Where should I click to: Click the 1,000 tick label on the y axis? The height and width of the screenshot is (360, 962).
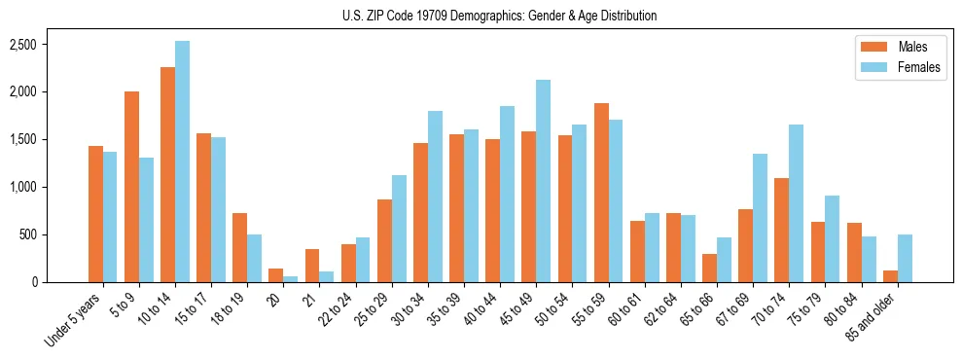[22, 187]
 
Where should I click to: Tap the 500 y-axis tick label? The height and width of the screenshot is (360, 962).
[27, 234]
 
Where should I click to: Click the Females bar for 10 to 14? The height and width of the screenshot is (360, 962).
[182, 162]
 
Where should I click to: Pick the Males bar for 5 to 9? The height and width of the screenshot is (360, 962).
[131, 187]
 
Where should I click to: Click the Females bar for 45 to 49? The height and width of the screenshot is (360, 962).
[543, 181]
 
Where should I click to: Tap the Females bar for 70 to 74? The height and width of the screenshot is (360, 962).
[796, 203]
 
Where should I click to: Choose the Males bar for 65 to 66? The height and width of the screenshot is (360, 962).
[709, 268]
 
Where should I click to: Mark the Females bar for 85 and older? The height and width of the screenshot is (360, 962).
[904, 258]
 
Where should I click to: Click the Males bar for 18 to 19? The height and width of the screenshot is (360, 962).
[239, 247]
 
